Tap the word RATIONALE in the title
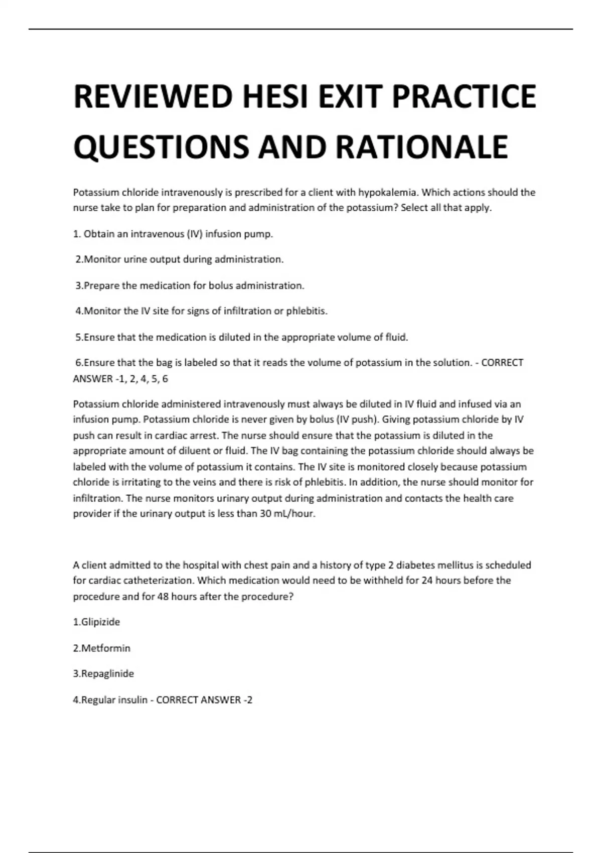pyautogui.click(x=421, y=147)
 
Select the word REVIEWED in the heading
pyautogui.click(x=153, y=97)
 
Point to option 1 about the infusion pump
pyautogui.click(x=173, y=234)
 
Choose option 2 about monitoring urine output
pyautogui.click(x=179, y=259)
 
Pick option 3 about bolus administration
pyautogui.click(x=190, y=286)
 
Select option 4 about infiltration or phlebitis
pyautogui.click(x=201, y=311)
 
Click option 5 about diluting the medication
pyautogui.click(x=241, y=337)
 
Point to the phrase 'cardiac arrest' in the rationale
pyautogui.click(x=190, y=436)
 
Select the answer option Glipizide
pyautogui.click(x=97, y=622)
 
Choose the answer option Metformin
pyautogui.click(x=102, y=648)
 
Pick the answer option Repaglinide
pyautogui.click(x=103, y=674)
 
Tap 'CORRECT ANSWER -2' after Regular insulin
pyautogui.click(x=204, y=700)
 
